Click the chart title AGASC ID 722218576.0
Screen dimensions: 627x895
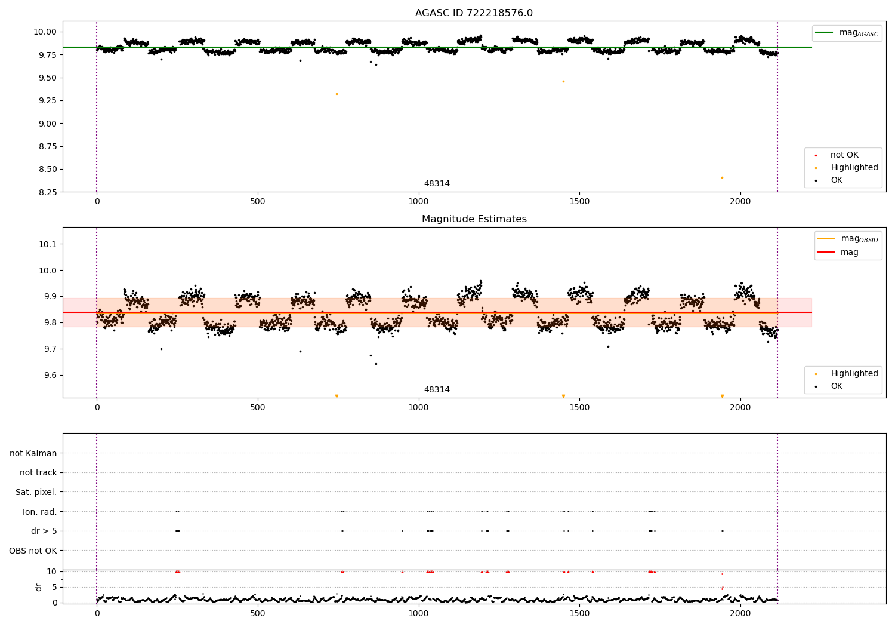[474, 13]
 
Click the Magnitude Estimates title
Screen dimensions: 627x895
[474, 219]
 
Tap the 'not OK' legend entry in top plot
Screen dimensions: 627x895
[844, 155]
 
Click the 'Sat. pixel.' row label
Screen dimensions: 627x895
[36, 492]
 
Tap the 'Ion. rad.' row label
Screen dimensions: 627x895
[40, 512]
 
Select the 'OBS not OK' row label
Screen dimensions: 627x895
[33, 551]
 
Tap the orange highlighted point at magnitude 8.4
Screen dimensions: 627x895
[722, 177]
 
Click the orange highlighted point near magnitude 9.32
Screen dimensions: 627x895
[337, 94]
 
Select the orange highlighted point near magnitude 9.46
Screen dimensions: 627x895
[563, 81]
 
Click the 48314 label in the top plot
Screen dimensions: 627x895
[437, 184]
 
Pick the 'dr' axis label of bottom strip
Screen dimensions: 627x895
[39, 587]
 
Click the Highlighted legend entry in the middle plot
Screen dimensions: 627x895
[854, 374]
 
